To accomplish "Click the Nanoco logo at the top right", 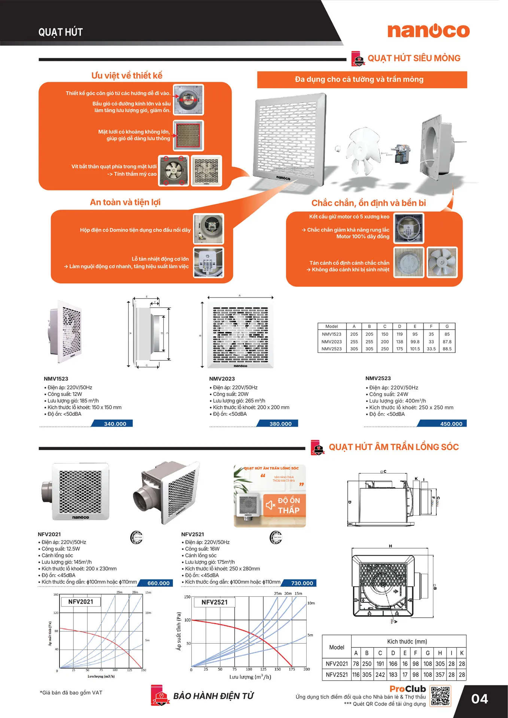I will [x=428, y=31].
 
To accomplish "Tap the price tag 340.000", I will [x=115, y=424].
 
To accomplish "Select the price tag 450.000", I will [x=451, y=424].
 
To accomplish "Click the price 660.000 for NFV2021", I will [x=158, y=583].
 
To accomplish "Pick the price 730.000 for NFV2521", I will [x=302, y=583].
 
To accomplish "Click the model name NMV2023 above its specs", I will [x=222, y=379].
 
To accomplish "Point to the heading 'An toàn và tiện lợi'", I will [x=125, y=202].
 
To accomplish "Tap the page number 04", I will [x=480, y=699].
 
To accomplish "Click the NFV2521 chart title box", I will [x=215, y=602].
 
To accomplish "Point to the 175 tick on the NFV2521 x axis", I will [x=292, y=669].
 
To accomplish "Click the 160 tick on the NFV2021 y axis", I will [x=56, y=595].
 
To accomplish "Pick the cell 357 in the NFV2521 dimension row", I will [x=440, y=675].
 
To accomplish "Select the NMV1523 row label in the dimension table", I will [x=331, y=334].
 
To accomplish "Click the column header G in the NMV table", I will [x=447, y=326].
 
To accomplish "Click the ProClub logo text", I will [x=408, y=689].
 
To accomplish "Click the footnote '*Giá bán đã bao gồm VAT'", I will [x=71, y=693].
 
